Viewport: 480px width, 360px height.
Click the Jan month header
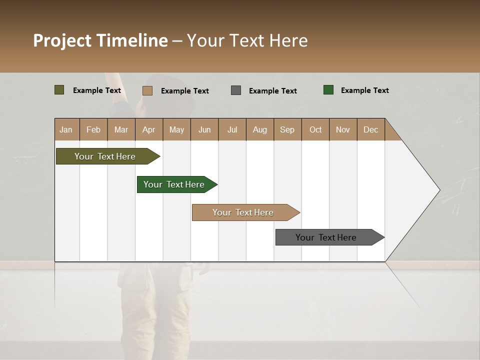[66, 129]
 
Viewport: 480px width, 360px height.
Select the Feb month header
[93, 129]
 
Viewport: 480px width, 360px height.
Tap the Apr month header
[149, 129]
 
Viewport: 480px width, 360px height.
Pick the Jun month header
[204, 129]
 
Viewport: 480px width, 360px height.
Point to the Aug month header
[260, 129]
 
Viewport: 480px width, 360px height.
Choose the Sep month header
[287, 129]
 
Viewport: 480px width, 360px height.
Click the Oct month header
[315, 129]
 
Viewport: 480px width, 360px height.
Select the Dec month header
[371, 129]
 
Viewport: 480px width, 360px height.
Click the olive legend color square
[59, 90]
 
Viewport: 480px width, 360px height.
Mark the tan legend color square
[147, 90]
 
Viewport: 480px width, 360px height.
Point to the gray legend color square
[236, 90]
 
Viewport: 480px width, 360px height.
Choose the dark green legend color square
[328, 90]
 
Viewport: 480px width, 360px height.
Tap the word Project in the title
[62, 40]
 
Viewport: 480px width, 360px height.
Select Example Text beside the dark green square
[364, 90]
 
